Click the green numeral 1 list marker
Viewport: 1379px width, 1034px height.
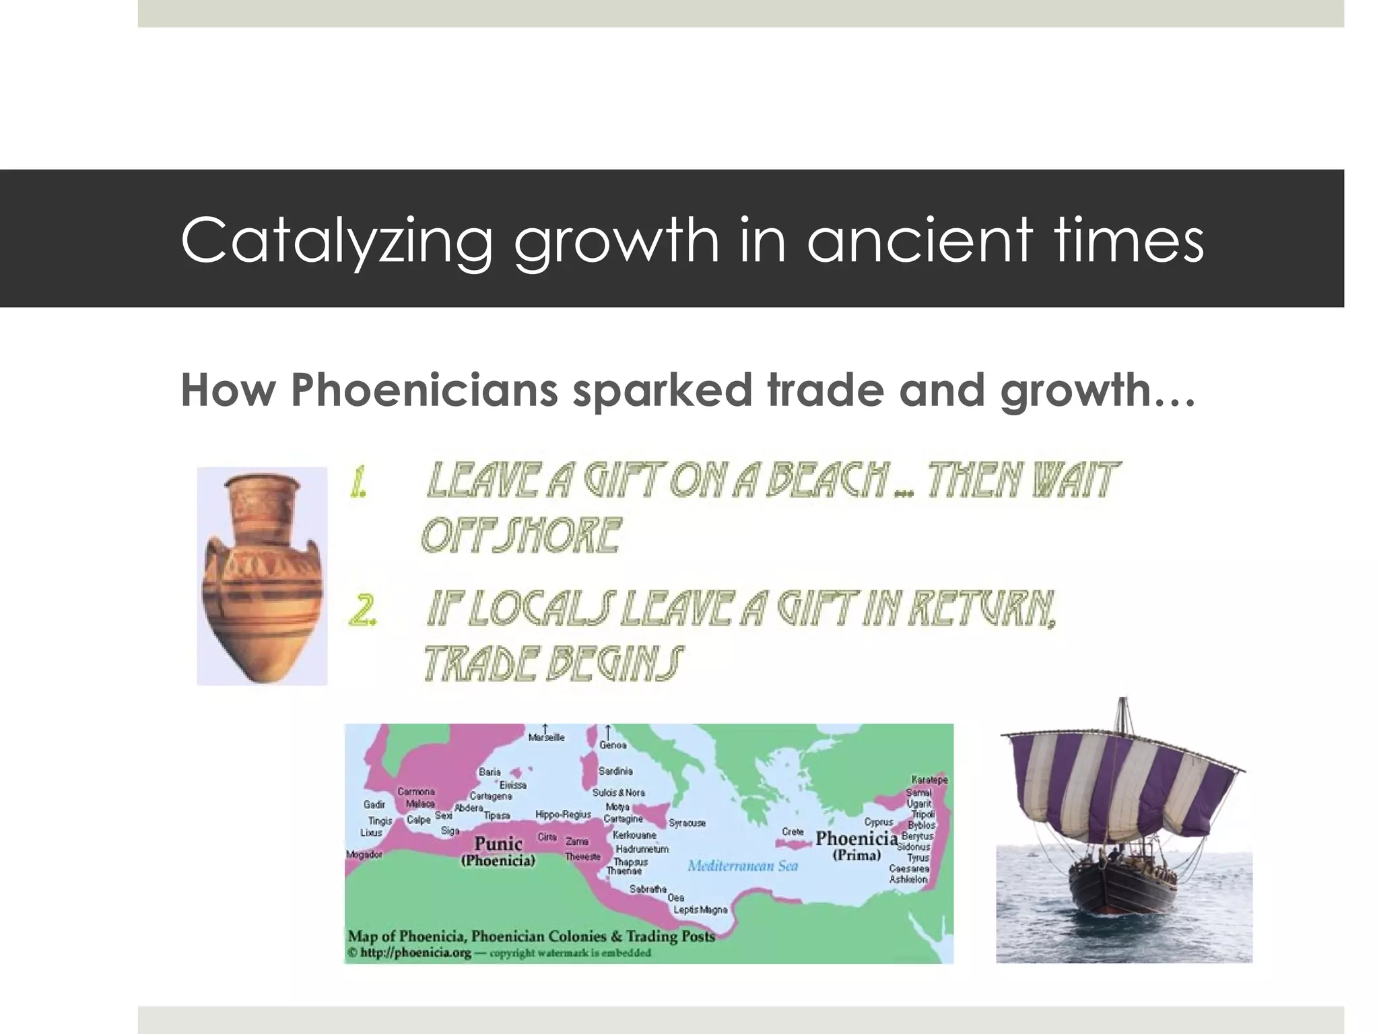click(x=358, y=483)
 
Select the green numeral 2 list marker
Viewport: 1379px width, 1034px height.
click(x=362, y=611)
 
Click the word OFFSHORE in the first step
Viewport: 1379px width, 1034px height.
click(x=520, y=537)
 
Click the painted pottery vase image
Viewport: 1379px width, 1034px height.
click(x=262, y=576)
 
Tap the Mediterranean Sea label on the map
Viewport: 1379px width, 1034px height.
click(x=742, y=866)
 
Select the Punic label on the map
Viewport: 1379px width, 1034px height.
click(x=498, y=843)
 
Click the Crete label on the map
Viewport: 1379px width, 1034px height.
click(x=793, y=831)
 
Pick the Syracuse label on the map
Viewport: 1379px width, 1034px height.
click(x=687, y=823)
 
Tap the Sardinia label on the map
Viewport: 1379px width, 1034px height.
click(x=615, y=771)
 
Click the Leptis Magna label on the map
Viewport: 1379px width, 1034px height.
click(x=700, y=909)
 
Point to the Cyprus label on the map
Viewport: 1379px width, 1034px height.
click(x=878, y=822)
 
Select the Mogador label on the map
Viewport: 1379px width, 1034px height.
click(x=364, y=854)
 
